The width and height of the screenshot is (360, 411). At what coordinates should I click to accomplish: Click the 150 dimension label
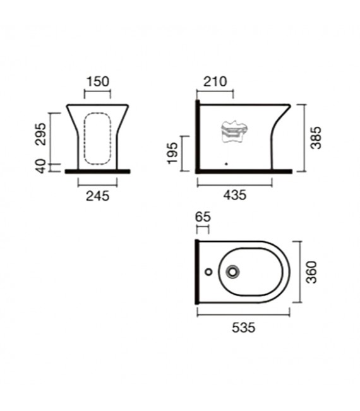pyautogui.click(x=97, y=81)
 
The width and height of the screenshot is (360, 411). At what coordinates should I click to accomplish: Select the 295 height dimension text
pyautogui.click(x=41, y=134)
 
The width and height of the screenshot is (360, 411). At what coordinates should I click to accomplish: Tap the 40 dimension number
pyautogui.click(x=41, y=166)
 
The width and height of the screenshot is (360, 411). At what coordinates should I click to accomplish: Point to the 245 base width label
pyautogui.click(x=97, y=196)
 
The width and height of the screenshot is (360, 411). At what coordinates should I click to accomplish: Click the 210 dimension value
pyautogui.click(x=215, y=81)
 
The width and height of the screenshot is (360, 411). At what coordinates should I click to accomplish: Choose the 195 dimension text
pyautogui.click(x=172, y=153)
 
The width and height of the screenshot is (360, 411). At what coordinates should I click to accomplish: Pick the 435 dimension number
pyautogui.click(x=235, y=195)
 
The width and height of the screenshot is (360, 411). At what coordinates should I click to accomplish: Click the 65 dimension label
pyautogui.click(x=203, y=217)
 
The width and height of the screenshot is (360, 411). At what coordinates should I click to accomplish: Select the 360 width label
pyautogui.click(x=312, y=272)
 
